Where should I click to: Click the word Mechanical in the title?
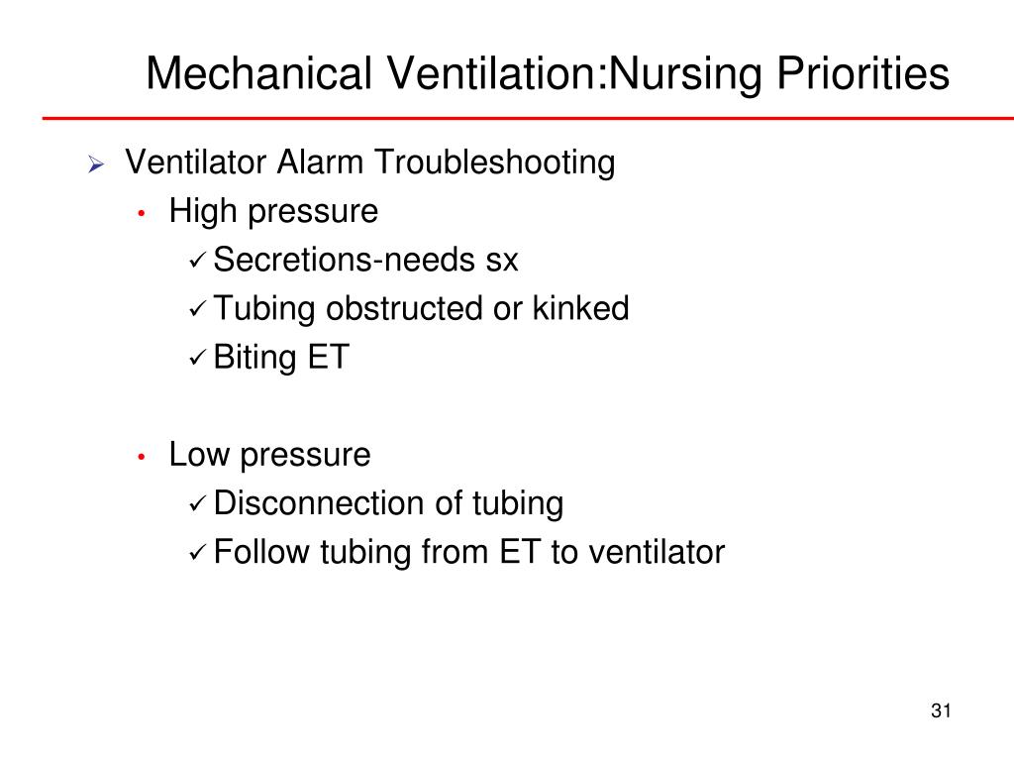[259, 73]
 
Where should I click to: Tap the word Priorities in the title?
[862, 73]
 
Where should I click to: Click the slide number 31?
[941, 710]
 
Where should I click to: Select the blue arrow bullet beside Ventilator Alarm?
[96, 164]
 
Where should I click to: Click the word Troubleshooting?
[495, 163]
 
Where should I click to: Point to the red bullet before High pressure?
[142, 213]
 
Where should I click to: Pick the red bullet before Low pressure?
[142, 457]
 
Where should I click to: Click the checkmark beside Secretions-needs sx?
[197, 261]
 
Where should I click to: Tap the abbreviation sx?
[502, 261]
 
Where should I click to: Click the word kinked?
[580, 308]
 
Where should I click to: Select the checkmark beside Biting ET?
[197, 358]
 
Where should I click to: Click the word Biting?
[254, 358]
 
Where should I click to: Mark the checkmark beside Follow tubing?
[197, 553]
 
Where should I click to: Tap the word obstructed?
[405, 308]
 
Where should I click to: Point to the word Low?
[199, 454]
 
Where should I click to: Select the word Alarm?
[320, 162]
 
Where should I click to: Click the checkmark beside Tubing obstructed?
[197, 309]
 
